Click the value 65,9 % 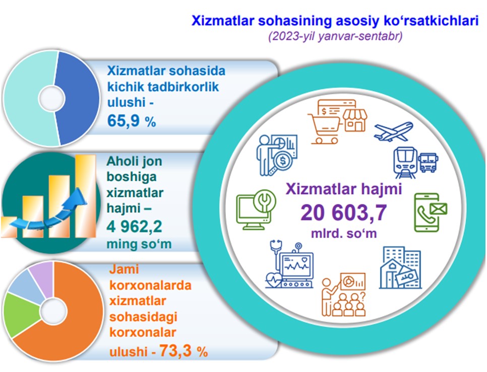coord(132,121)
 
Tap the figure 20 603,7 coord(343,213)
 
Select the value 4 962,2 coord(134,227)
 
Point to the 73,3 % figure coord(184,351)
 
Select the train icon coord(405,163)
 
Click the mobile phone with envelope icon coord(431,212)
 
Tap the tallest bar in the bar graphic coord(85,196)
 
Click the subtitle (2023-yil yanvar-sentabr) coord(335,36)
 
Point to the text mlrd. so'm coord(344,233)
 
